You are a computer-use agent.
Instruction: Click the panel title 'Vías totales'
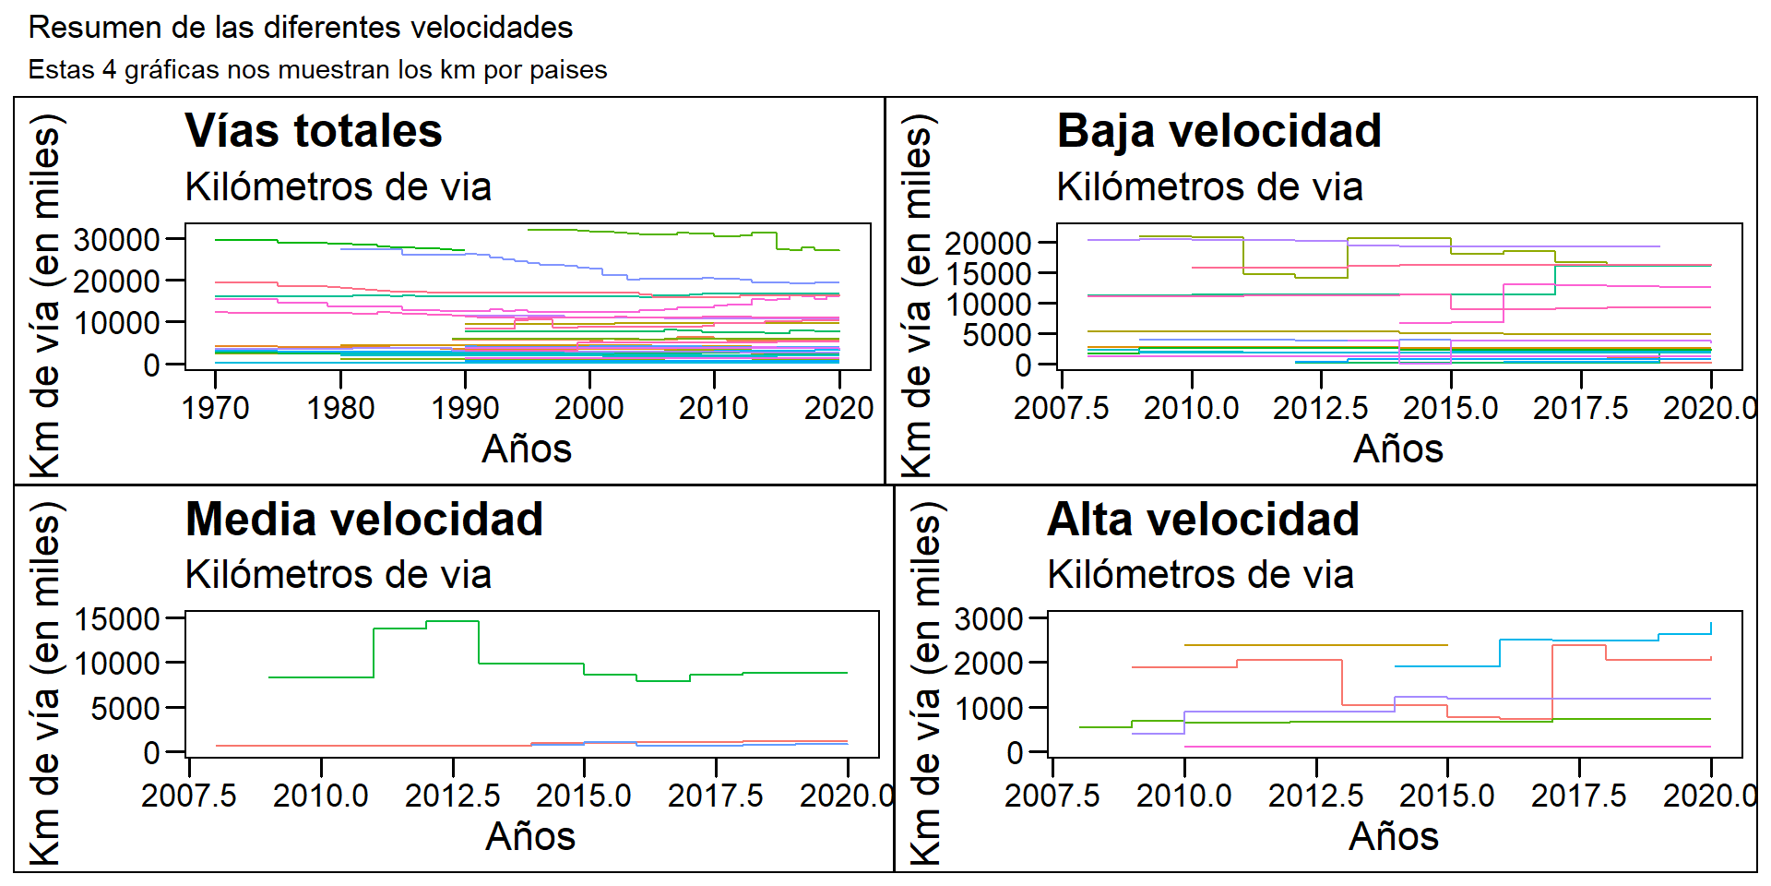pos(314,130)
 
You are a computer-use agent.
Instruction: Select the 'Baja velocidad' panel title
pos(1218,130)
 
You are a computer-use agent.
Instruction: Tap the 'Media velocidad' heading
pos(363,519)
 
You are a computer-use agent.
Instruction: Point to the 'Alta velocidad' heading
pos(1203,519)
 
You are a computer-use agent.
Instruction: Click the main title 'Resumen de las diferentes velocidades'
pos(301,28)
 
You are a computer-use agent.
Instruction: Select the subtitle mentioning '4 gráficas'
pos(317,70)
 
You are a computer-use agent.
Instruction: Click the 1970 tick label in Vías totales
pos(215,408)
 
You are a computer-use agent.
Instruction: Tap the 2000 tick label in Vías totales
pos(588,408)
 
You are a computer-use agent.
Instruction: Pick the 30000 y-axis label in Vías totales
pos(117,240)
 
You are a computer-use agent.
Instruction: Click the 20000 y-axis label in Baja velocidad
pos(988,244)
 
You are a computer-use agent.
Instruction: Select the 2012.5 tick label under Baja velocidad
pos(1321,408)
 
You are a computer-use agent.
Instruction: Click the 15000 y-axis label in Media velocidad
pos(117,619)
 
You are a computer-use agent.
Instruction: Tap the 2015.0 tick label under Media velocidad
pos(584,796)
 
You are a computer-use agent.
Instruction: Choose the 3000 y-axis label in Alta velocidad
pos(989,619)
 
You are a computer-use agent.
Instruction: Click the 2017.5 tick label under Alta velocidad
pos(1579,796)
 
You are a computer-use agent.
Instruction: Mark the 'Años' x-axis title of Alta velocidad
pos(1394,837)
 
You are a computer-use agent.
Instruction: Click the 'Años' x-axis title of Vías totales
pos(527,449)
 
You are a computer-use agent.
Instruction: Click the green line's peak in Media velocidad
pos(452,621)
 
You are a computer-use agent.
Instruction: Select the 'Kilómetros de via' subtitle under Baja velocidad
pos(1209,187)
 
